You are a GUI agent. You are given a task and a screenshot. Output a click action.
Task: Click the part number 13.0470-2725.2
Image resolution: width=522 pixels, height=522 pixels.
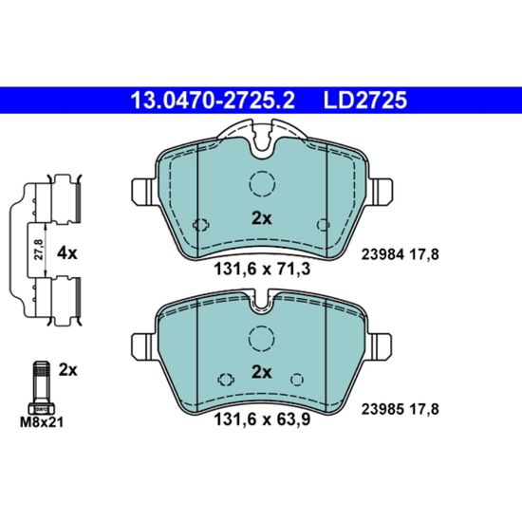213,101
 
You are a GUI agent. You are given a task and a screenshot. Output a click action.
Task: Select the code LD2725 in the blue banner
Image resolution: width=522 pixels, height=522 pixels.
364,101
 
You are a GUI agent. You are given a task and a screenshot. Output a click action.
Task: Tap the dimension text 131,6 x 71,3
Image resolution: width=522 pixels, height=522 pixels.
262,269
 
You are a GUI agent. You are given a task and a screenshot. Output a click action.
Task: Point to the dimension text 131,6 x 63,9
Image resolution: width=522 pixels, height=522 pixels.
262,419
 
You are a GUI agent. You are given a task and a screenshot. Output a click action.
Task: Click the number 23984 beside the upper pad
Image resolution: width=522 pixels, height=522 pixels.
382,255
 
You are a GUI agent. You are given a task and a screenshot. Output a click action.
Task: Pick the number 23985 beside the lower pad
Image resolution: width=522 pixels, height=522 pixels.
382,409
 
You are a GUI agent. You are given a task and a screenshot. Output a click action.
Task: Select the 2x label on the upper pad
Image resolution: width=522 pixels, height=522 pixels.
262,218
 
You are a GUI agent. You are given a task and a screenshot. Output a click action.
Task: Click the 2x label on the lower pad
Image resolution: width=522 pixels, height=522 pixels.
262,372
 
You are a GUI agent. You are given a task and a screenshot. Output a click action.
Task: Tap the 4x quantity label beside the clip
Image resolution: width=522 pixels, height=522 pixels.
67,253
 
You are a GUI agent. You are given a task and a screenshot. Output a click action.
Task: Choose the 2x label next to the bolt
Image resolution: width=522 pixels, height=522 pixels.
68,370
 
